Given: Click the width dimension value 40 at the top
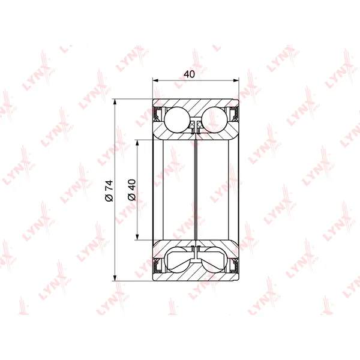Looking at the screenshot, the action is click(x=189, y=74).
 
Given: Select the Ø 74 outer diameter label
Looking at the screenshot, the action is click(x=109, y=191).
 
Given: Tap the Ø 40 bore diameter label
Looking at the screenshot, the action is click(x=132, y=190).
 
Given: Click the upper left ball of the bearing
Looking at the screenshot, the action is click(x=177, y=119).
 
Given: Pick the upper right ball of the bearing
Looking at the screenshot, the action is click(x=214, y=119).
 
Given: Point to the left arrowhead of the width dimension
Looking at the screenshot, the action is click(x=156, y=80).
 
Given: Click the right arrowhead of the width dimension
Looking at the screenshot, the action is click(x=236, y=80).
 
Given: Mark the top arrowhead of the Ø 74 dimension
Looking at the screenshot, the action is click(x=115, y=102).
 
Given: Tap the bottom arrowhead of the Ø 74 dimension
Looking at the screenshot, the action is click(x=115, y=278).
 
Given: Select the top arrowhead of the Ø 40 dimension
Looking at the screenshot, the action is click(x=137, y=143).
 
